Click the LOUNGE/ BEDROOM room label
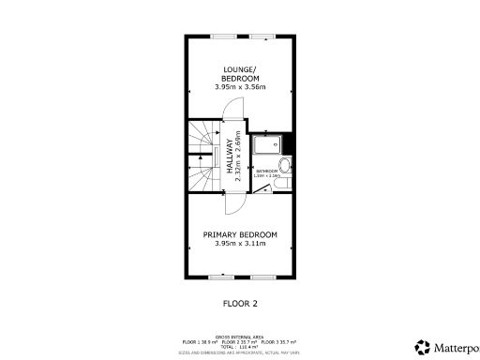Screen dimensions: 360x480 pyautogui.click(x=241, y=72)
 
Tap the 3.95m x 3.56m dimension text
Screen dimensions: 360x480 pyautogui.click(x=241, y=87)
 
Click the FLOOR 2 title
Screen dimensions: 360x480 pyautogui.click(x=240, y=304)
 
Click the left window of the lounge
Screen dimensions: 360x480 pyautogui.click(x=223, y=37)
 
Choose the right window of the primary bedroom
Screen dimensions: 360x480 pyautogui.click(x=263, y=277)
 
